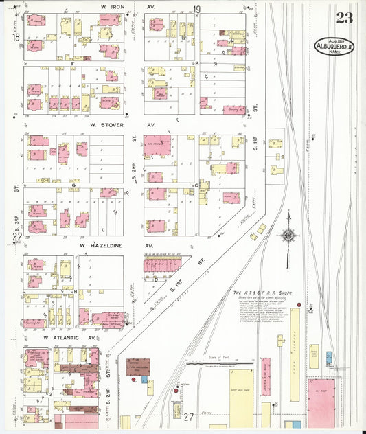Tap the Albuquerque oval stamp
click(x=334, y=46)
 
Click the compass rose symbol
click(x=288, y=238)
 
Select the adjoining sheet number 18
click(x=16, y=37)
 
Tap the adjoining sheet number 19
click(x=196, y=10)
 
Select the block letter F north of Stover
click(x=197, y=62)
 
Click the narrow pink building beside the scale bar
click(x=265, y=376)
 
